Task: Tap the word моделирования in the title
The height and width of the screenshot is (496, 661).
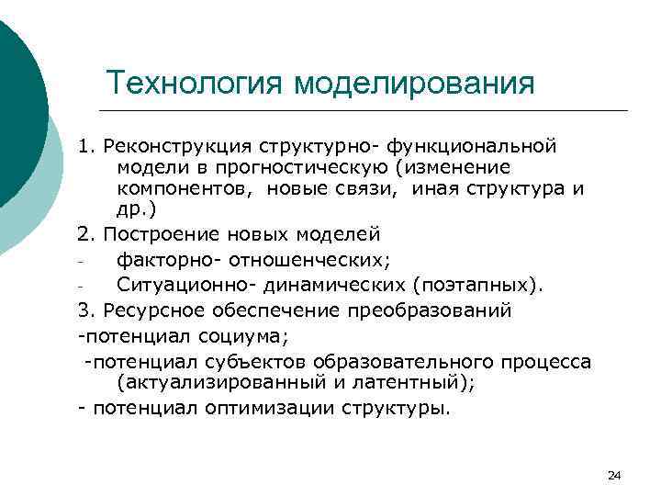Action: coord(414,83)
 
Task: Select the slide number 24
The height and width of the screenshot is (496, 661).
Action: coord(614,475)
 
